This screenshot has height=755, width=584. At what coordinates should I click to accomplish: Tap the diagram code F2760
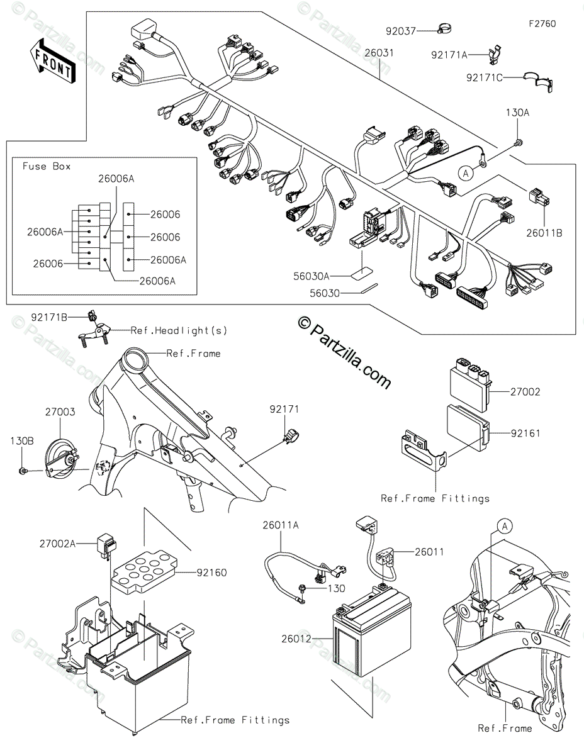(x=542, y=24)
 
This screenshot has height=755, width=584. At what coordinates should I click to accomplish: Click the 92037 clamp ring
(x=446, y=29)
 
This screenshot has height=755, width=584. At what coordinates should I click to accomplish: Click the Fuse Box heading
(x=47, y=166)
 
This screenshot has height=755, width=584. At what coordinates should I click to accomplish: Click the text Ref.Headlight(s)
(x=179, y=330)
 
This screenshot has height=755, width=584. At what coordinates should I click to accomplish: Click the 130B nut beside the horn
(x=22, y=471)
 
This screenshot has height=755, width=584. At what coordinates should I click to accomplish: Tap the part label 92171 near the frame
(x=284, y=410)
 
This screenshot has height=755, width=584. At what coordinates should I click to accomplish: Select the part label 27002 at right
(x=525, y=391)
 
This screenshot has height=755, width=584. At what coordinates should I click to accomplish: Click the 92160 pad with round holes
(x=142, y=572)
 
